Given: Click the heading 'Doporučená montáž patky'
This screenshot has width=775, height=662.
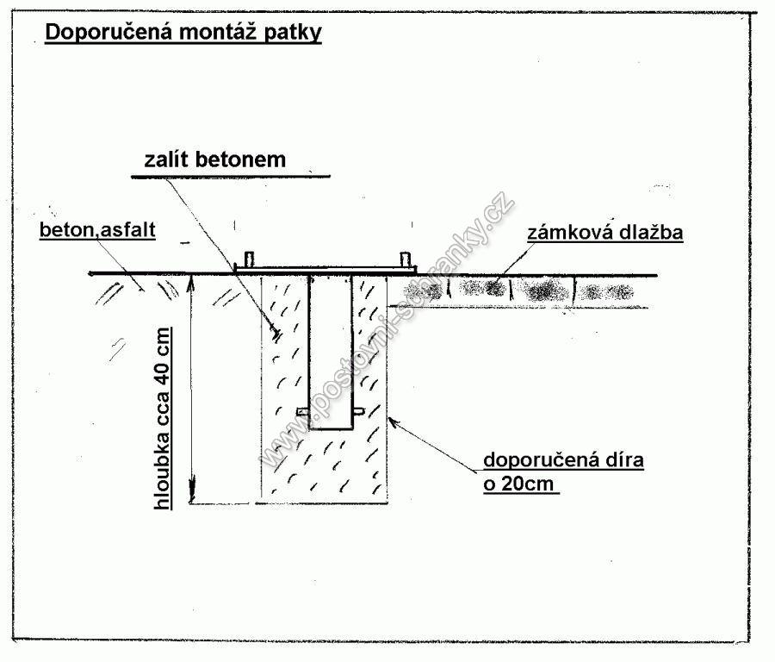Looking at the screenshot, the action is click(183, 32).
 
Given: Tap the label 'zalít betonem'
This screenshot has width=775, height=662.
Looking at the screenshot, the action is click(215, 159).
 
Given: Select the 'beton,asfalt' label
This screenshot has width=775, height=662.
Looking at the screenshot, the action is click(97, 229).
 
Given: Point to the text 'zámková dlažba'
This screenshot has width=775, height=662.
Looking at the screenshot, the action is click(605, 232).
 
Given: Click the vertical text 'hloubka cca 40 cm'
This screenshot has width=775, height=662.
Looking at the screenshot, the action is click(162, 419).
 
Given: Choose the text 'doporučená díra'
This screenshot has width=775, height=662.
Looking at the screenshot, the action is click(563, 460).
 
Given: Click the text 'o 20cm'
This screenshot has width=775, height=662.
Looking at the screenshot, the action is click(518, 484).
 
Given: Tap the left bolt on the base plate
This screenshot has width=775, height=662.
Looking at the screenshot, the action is click(250, 259).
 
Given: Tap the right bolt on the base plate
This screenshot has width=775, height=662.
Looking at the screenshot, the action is click(406, 259).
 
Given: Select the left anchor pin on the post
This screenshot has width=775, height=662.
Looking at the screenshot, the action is click(302, 411).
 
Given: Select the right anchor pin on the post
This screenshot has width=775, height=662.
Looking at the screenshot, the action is click(359, 410).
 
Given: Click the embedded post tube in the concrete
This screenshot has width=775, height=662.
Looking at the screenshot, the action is click(331, 352).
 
